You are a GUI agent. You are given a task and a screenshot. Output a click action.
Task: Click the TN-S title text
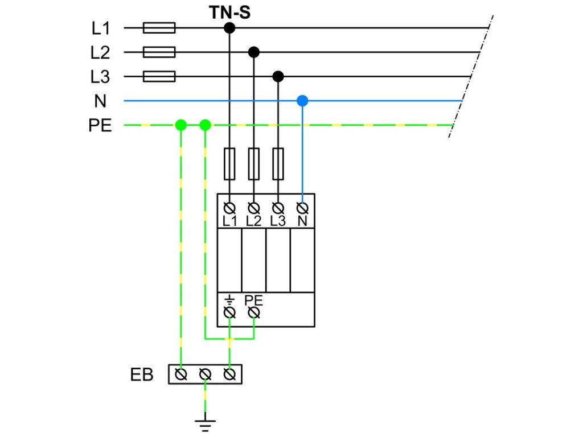pyautogui.click(x=230, y=12)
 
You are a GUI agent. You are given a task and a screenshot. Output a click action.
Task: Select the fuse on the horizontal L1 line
pyautogui.click(x=159, y=28)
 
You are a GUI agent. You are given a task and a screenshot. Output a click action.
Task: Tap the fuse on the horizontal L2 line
pyautogui.click(x=159, y=52)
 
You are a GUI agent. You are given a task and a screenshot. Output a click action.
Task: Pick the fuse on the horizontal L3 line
pyautogui.click(x=159, y=77)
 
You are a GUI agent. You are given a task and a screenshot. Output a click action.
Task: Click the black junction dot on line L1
pyautogui.click(x=229, y=28)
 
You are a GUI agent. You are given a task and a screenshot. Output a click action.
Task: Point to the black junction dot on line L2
pyautogui.click(x=253, y=52)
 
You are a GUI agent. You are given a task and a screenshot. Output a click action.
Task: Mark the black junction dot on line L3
pyautogui.click(x=278, y=77)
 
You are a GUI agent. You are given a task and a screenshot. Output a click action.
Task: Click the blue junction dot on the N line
pyautogui.click(x=302, y=101)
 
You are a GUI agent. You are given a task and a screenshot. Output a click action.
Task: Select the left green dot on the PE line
pyautogui.click(x=180, y=125)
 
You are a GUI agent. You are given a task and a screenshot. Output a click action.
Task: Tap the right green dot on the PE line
pyautogui.click(x=205, y=125)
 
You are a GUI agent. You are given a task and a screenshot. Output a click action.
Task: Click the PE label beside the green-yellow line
pyautogui.click(x=100, y=125)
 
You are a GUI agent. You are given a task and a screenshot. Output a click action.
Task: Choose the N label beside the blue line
pyautogui.click(x=100, y=101)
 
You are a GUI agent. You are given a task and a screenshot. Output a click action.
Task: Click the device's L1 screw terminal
pyautogui.click(x=229, y=207)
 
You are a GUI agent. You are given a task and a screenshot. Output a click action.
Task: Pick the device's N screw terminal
pyautogui.click(x=302, y=207)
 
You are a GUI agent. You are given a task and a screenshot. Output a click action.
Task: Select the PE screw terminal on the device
pyautogui.click(x=254, y=313)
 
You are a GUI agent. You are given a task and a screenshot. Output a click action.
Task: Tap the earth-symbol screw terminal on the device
pyautogui.click(x=229, y=313)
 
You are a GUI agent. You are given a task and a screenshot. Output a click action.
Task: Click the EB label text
pyautogui.click(x=142, y=374)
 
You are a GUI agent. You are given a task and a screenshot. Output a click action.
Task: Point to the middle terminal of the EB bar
pyautogui.click(x=205, y=374)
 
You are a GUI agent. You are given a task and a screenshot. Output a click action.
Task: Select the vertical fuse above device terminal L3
pyautogui.click(x=278, y=164)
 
